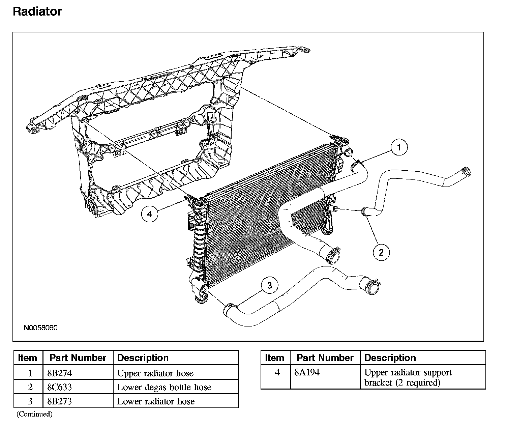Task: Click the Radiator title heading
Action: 37,11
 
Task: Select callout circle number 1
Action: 399,147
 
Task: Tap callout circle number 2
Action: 381,252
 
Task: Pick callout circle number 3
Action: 269,286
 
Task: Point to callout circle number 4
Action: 149,214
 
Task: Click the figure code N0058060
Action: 40,328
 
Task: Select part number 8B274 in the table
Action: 60,373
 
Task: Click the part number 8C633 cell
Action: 60,387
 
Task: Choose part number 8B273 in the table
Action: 60,401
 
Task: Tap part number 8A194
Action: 307,372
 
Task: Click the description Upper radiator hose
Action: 155,373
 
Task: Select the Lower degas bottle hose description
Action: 164,387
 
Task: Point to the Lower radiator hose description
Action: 156,401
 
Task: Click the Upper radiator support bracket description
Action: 408,377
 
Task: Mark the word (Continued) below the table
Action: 34,414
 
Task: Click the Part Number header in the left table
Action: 78,358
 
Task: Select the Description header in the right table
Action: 390,358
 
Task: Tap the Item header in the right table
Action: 274,358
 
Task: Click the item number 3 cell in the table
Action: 30,401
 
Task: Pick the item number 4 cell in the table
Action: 277,372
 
